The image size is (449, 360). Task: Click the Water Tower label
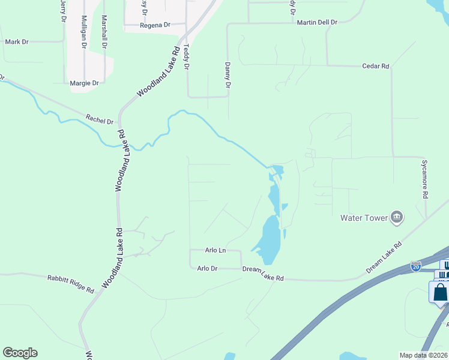pyautogui.click(x=364, y=218)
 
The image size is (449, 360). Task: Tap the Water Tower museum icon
pyautogui.click(x=396, y=217)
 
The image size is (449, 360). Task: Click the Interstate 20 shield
pyautogui.click(x=416, y=266)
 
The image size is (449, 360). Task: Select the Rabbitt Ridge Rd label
pyautogui.click(x=71, y=283)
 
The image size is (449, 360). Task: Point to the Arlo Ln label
pyautogui.click(x=215, y=250)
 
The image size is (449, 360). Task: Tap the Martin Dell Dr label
pyautogui.click(x=317, y=22)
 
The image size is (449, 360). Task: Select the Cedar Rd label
pyautogui.click(x=376, y=66)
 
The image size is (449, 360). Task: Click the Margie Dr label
pyautogui.click(x=84, y=83)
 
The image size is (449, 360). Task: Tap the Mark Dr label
pyautogui.click(x=16, y=42)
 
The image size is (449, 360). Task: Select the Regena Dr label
pyautogui.click(x=155, y=26)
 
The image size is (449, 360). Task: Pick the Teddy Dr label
pyautogui.click(x=186, y=57)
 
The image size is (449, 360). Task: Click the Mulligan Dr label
pyautogui.click(x=84, y=32)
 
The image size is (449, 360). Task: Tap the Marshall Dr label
pyautogui.click(x=104, y=32)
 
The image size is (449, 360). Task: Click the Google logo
pyautogui.click(x=20, y=353)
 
